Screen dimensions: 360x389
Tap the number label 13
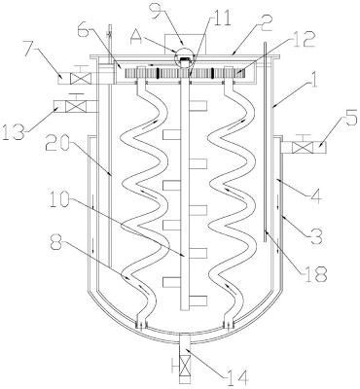click(15, 130)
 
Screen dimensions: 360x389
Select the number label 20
click(59, 144)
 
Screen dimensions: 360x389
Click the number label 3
click(315, 235)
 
